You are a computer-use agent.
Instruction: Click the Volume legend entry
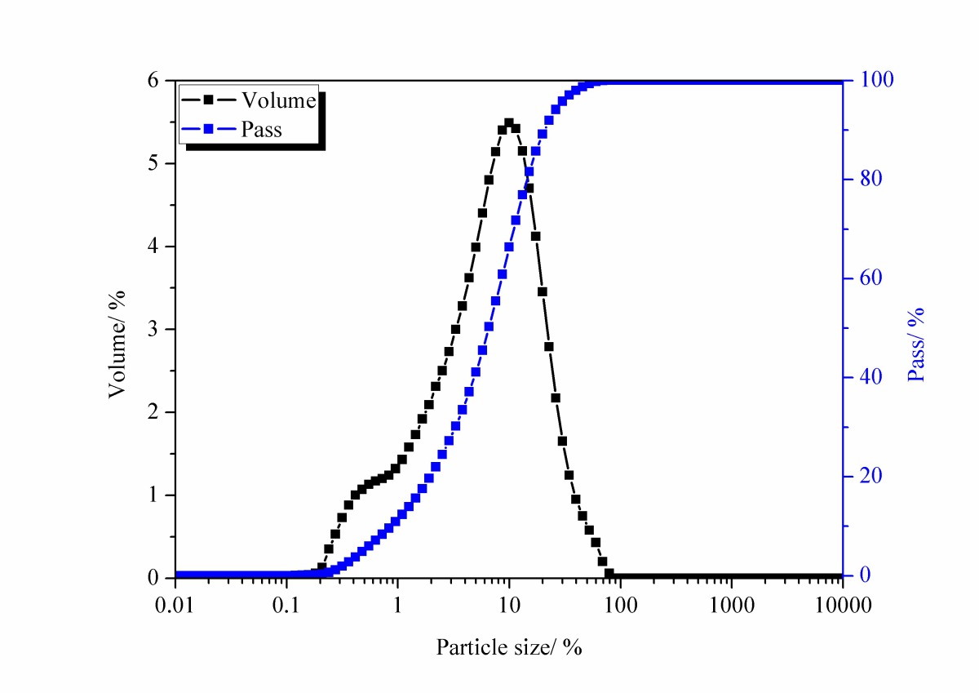click(x=249, y=100)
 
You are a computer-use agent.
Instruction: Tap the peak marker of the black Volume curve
click(x=509, y=123)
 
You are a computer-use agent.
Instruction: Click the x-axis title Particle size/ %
click(x=509, y=648)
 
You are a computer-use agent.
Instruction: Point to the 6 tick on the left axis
click(x=153, y=81)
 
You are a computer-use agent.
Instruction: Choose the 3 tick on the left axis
click(x=153, y=330)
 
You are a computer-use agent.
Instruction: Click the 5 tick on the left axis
click(x=153, y=164)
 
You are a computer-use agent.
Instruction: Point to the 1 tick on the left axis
click(x=153, y=495)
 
